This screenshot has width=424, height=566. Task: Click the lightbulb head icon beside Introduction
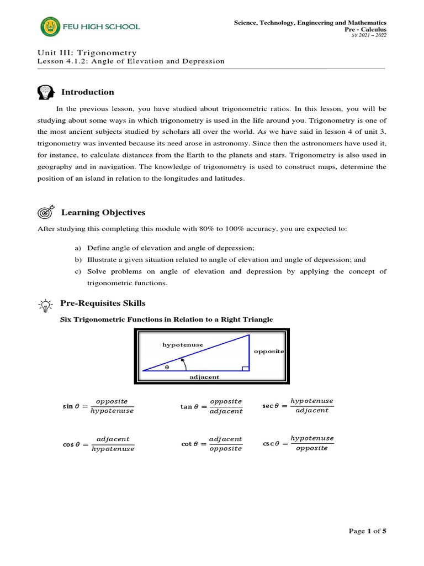coord(46,92)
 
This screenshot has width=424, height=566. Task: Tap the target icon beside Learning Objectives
coord(46,213)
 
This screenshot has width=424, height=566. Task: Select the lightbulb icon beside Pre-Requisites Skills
coord(46,304)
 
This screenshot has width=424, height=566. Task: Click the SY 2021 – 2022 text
coord(370,36)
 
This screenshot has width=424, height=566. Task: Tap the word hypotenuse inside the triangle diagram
coord(182,345)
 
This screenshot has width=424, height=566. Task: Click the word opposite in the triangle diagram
coord(269,352)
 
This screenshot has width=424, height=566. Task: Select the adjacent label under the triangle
coord(204,377)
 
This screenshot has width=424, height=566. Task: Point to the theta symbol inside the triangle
coord(167,366)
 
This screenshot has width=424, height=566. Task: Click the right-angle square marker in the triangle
coord(246,367)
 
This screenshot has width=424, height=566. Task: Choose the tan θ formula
coord(212,406)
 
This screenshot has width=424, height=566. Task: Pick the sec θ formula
coord(298,406)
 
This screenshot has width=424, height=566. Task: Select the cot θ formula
coord(212,444)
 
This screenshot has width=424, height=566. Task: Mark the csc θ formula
coord(298,443)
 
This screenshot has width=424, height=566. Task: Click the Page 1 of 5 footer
coord(368,531)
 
